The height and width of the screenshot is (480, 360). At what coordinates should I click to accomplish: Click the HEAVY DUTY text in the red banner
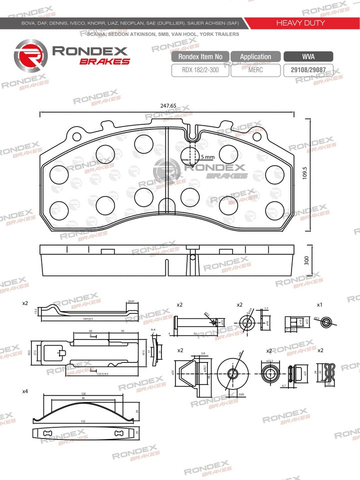[300, 23]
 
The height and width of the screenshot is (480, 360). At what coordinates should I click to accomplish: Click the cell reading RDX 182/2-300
[199, 70]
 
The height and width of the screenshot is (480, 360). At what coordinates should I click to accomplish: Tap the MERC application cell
[255, 70]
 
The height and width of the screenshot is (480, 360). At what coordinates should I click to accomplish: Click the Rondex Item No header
[200, 56]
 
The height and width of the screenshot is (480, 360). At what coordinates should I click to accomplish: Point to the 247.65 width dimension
[168, 106]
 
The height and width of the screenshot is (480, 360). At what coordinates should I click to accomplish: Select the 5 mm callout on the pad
[207, 157]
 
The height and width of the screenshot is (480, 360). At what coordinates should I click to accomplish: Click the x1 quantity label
[319, 304]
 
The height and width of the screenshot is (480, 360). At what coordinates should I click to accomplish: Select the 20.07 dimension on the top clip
[131, 301]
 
